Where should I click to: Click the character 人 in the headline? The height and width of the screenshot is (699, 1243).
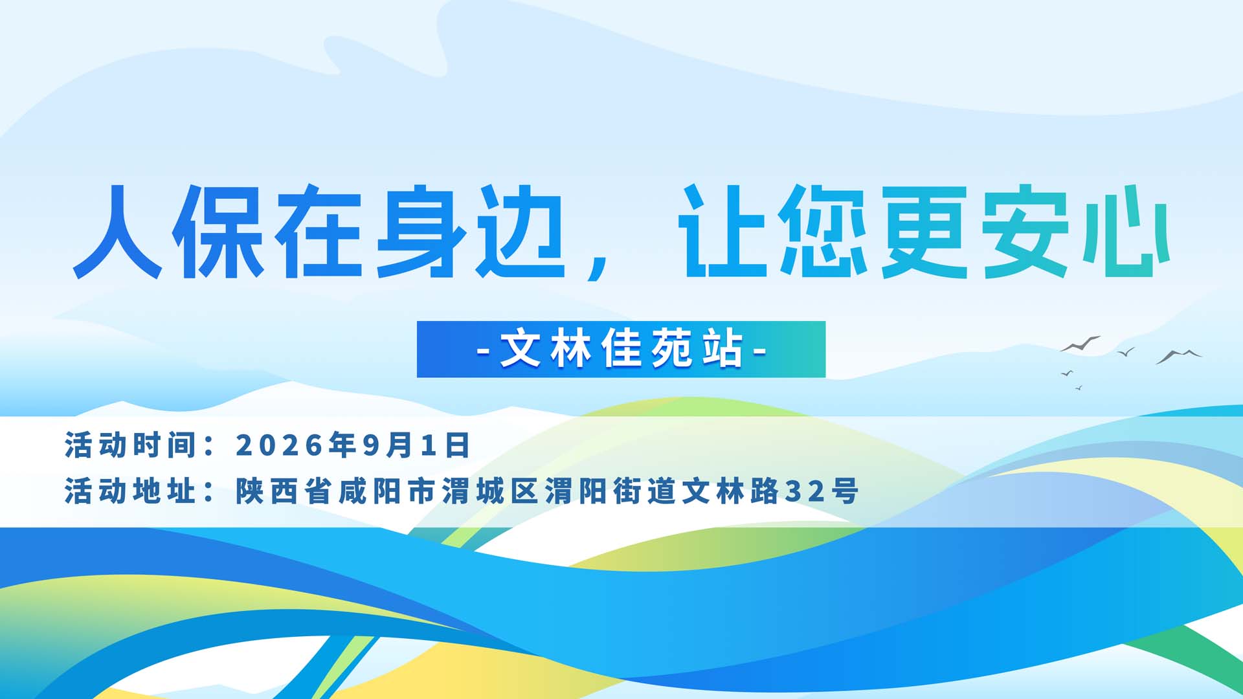[117, 232]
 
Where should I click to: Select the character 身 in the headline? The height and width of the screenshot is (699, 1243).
[421, 232]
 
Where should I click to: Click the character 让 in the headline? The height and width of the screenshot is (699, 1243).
[722, 232]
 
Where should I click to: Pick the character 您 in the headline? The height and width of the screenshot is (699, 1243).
[823, 232]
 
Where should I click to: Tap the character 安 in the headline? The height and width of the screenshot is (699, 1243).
[1025, 232]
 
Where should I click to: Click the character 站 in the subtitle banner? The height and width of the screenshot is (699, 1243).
[723, 349]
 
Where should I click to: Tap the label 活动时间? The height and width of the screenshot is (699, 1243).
[130, 445]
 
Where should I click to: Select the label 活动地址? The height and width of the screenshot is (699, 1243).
[130, 491]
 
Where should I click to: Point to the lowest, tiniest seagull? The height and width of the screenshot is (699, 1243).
[1079, 388]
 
